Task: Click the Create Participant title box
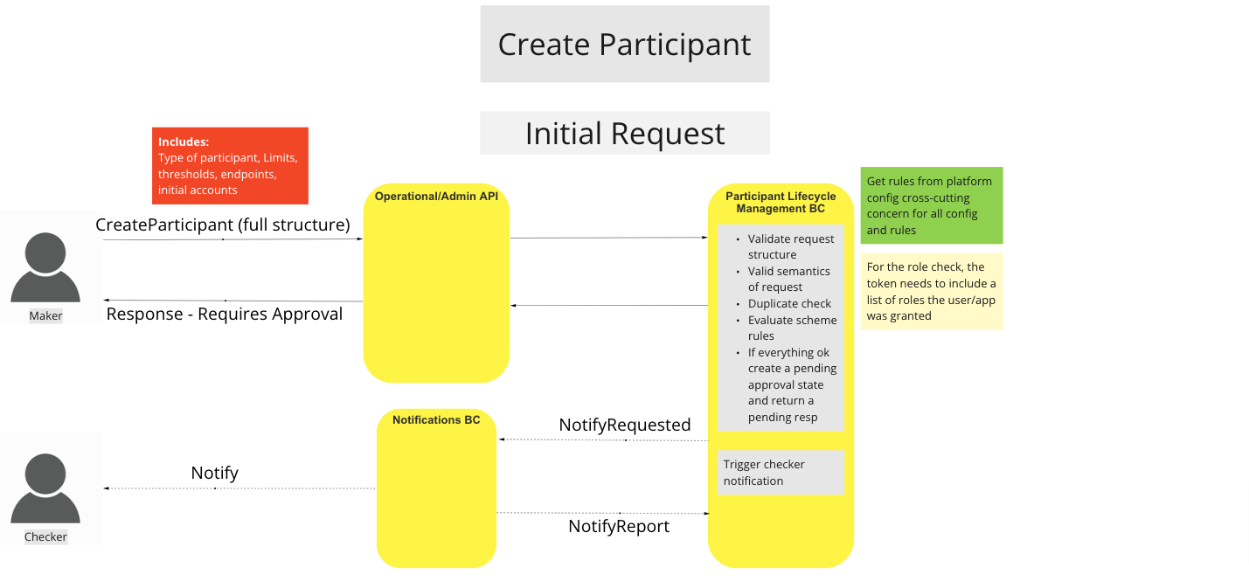(x=624, y=45)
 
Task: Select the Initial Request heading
(x=624, y=134)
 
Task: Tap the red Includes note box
(x=230, y=166)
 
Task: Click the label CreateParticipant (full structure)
(x=222, y=225)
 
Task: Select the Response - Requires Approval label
(x=225, y=315)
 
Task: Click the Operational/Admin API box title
(x=436, y=197)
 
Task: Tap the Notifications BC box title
(x=436, y=420)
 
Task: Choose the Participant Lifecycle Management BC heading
(x=781, y=203)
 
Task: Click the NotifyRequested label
(x=625, y=425)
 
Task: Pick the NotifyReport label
(x=619, y=527)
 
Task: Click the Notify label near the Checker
(x=214, y=474)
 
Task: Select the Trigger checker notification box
(x=781, y=473)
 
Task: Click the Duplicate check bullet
(x=789, y=304)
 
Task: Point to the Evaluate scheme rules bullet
(x=791, y=328)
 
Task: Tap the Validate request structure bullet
(x=790, y=246)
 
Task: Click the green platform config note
(x=931, y=205)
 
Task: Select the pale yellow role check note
(x=931, y=292)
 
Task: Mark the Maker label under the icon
(x=45, y=316)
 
